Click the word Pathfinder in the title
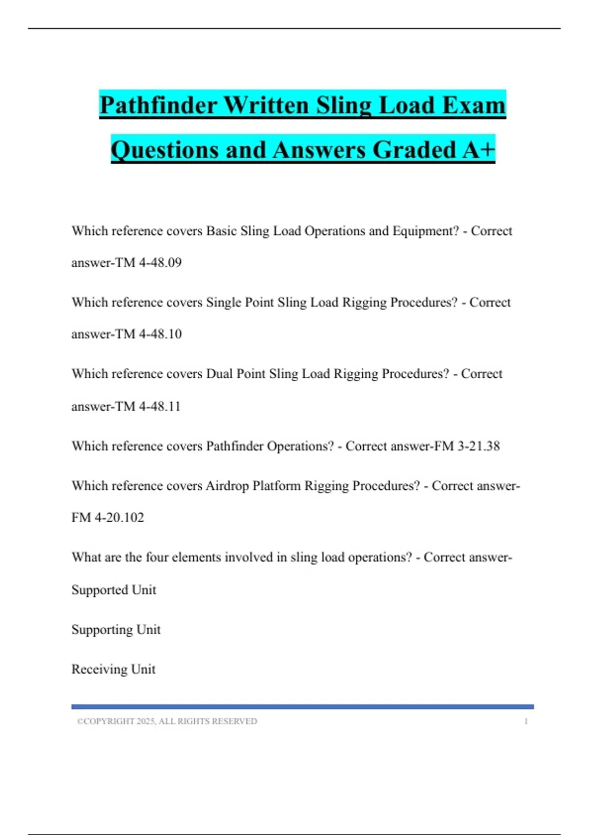pyautogui.click(x=158, y=105)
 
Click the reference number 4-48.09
pyautogui.click(x=160, y=263)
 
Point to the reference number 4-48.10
pyautogui.click(x=160, y=334)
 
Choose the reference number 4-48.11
pyautogui.click(x=160, y=406)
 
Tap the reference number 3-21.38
pyautogui.click(x=479, y=446)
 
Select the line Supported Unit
pyautogui.click(x=114, y=590)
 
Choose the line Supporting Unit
pyautogui.click(x=116, y=630)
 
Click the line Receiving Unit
pyautogui.click(x=113, y=669)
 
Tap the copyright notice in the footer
pyautogui.click(x=167, y=722)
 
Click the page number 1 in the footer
pyautogui.click(x=526, y=722)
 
